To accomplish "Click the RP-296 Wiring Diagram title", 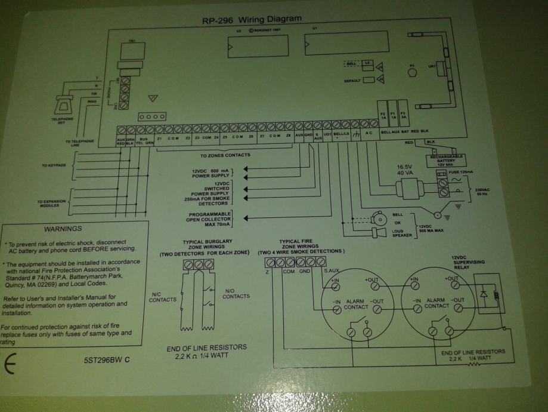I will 253,20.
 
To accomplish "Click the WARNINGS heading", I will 63,229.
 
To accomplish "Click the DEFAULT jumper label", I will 352,79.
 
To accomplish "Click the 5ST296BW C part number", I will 107,361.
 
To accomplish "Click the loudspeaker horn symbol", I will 376,232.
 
